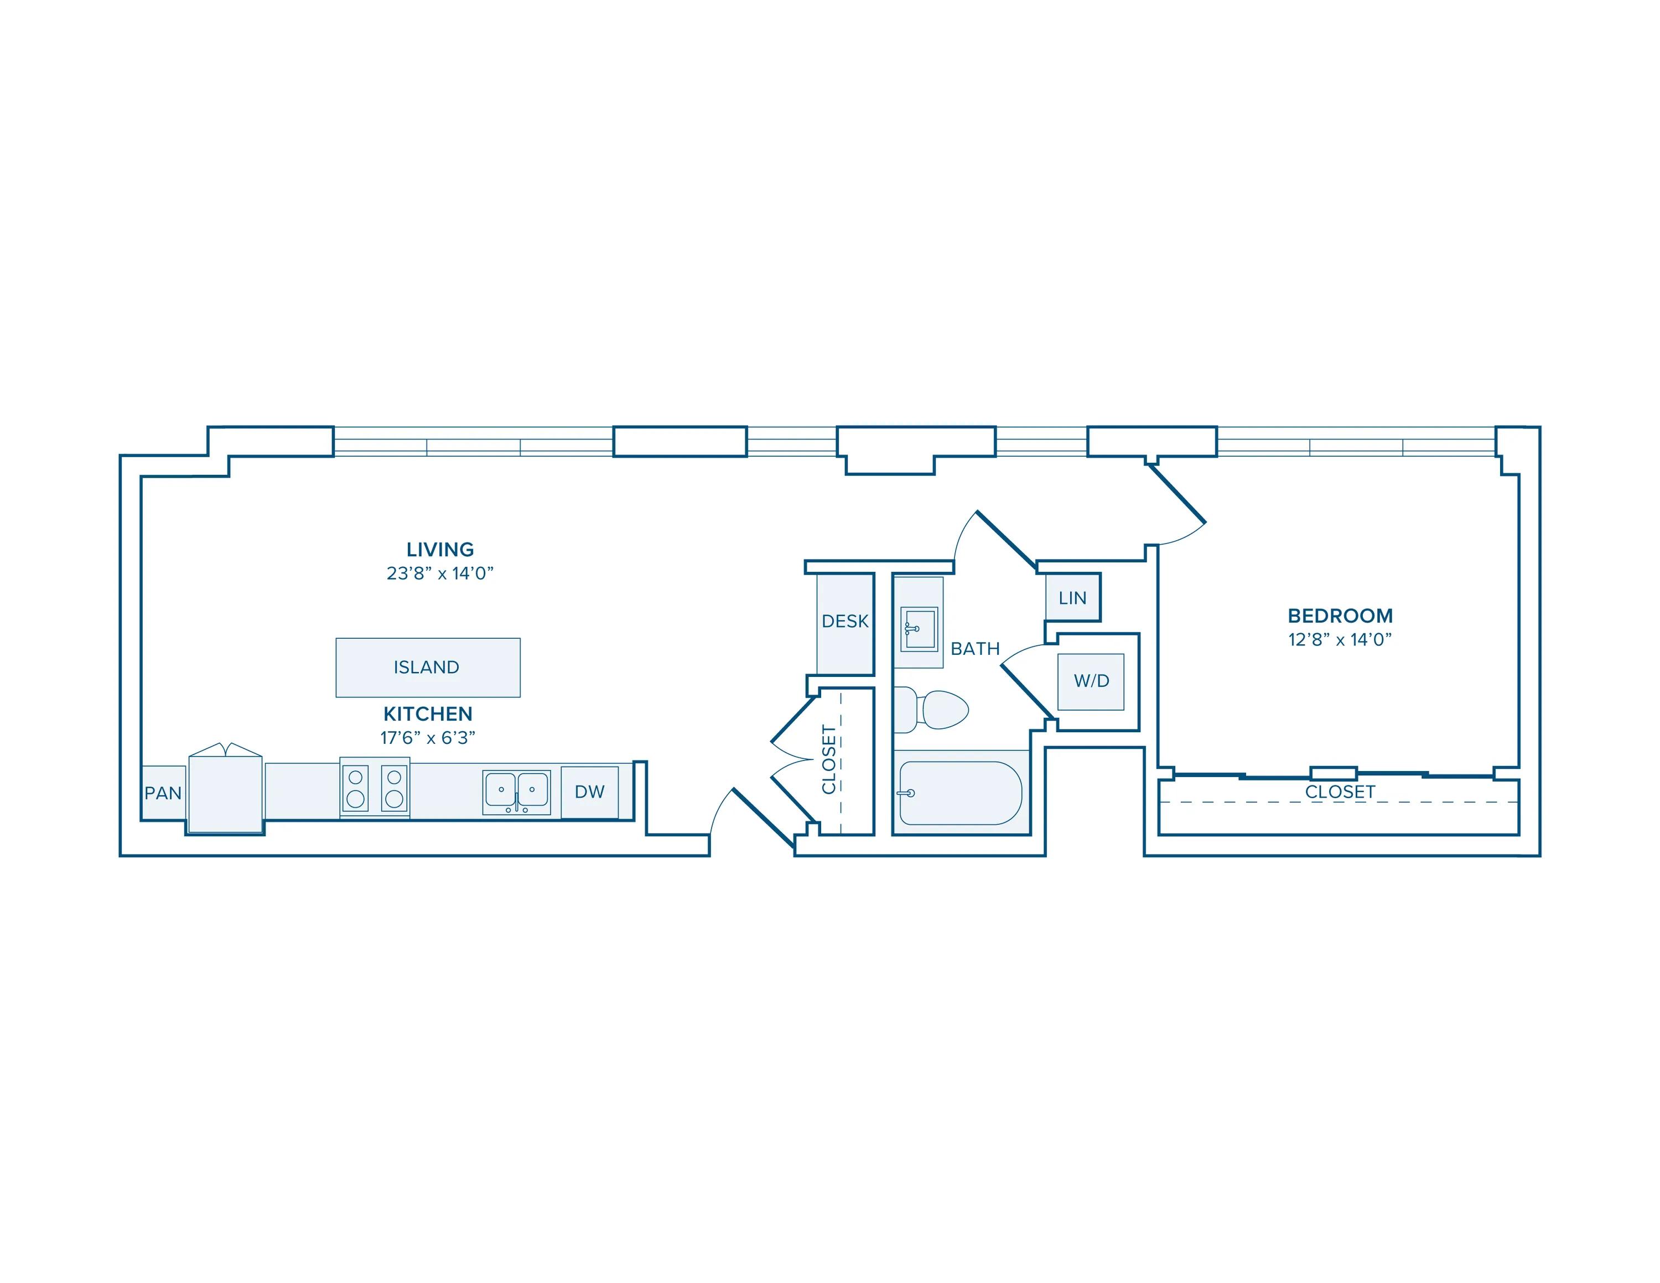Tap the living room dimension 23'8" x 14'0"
[440, 573]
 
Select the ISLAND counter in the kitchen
[428, 668]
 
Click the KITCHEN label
[428, 713]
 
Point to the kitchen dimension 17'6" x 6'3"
[428, 737]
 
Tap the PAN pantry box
[163, 793]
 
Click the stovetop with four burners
[375, 788]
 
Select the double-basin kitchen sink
[517, 792]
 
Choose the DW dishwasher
[590, 792]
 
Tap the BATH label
[975, 648]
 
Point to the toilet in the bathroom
[931, 710]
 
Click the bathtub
[961, 793]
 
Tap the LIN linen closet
[1072, 597]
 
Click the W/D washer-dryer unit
[1091, 681]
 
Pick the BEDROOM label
[1340, 615]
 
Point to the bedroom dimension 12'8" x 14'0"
[1340, 640]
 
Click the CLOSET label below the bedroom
[1340, 792]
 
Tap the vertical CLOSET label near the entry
[829, 759]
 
